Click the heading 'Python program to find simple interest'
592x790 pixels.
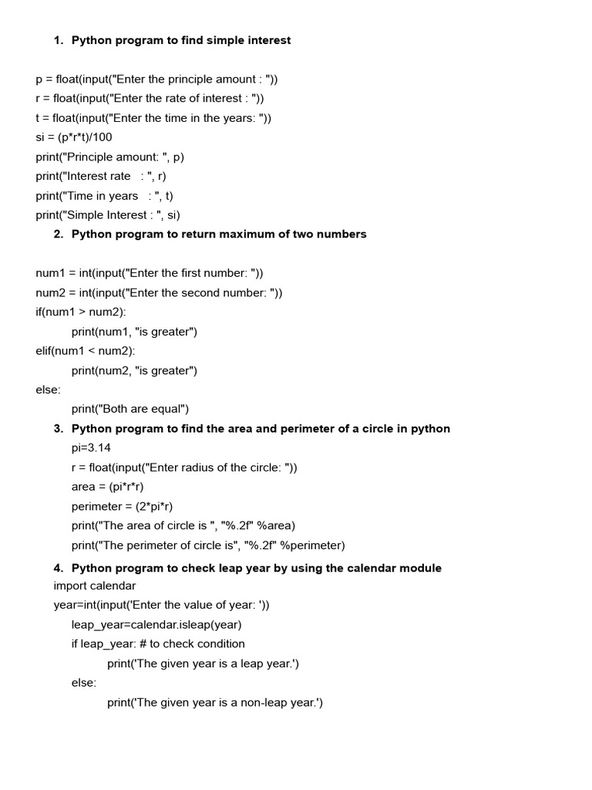pyautogui.click(x=181, y=40)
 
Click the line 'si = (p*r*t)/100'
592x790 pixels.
pyautogui.click(x=74, y=137)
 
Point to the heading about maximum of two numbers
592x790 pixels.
pyautogui.click(x=219, y=235)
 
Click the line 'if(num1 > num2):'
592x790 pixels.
pyautogui.click(x=81, y=312)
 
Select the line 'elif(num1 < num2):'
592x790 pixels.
pyautogui.click(x=85, y=351)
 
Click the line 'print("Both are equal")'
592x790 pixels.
pyautogui.click(x=130, y=409)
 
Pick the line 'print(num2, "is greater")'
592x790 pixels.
pyautogui.click(x=135, y=370)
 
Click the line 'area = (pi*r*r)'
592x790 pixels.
pyautogui.click(x=108, y=487)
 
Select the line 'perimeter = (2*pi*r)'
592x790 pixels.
pyautogui.click(x=123, y=506)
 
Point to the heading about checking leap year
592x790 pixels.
pyautogui.click(x=257, y=569)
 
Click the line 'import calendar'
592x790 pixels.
pyautogui.click(x=95, y=586)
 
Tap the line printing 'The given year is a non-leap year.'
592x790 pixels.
pyautogui.click(x=215, y=703)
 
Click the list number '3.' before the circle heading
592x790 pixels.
pyautogui.click(x=59, y=429)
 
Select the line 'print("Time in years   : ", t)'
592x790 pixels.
pyautogui.click(x=104, y=196)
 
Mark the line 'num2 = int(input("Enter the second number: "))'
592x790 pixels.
pyautogui.click(x=159, y=293)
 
